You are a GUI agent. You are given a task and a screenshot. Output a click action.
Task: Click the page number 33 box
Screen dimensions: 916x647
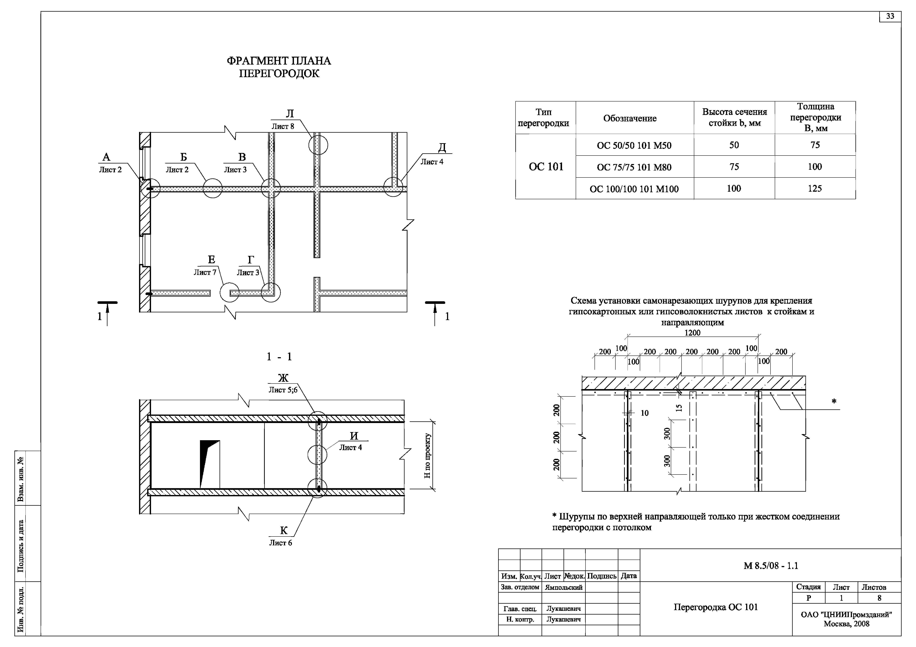pos(890,16)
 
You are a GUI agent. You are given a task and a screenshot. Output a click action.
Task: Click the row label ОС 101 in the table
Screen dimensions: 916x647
pos(546,167)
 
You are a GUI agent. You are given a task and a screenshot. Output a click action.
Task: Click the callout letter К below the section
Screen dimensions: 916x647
pos(284,531)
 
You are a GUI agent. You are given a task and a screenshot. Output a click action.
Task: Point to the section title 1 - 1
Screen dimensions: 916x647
pos(279,357)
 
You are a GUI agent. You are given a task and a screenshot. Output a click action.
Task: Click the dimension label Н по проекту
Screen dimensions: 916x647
pos(428,456)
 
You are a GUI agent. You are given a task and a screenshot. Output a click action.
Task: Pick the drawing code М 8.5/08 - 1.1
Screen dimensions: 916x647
pos(771,566)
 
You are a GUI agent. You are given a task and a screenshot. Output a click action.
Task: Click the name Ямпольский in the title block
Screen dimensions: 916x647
pos(564,587)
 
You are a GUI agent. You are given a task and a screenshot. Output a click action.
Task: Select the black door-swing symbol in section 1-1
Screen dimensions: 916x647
pos(208,458)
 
